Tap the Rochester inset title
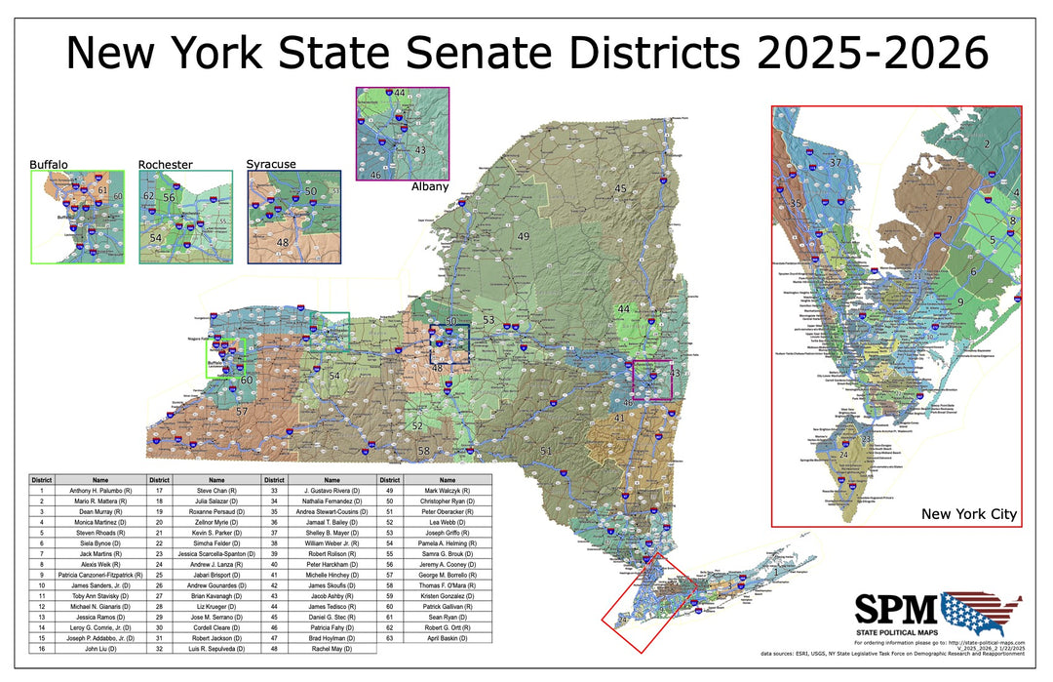pos(166,165)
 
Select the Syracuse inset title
pos(271,164)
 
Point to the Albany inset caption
pos(430,186)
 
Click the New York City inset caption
pos(968,514)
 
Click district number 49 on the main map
pos(523,237)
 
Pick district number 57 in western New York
pos(242,413)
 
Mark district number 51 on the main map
pos(547,450)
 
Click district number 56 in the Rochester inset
pos(169,198)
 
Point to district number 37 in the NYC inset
pos(835,162)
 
